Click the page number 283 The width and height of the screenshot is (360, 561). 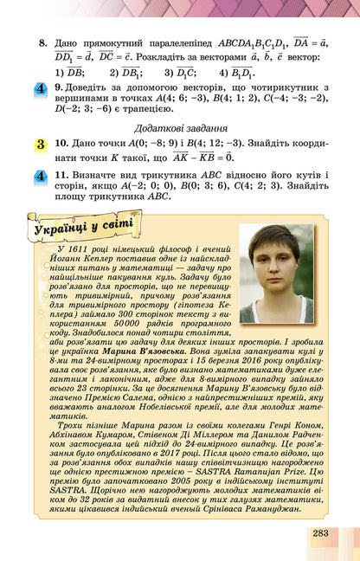pos(320,532)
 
